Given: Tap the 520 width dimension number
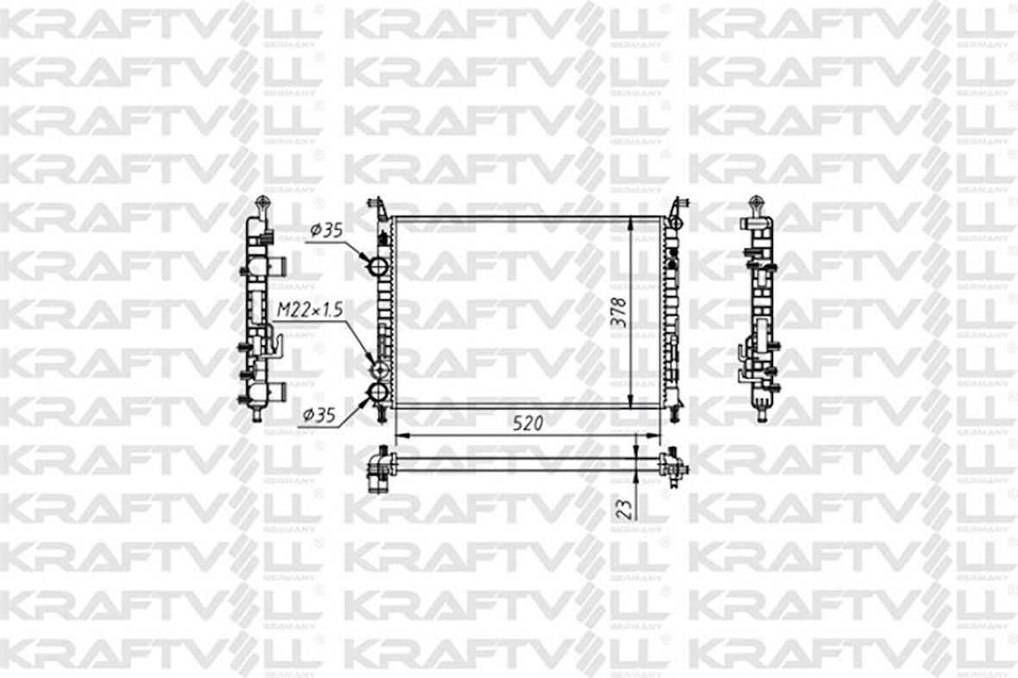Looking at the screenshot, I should pyautogui.click(x=528, y=424).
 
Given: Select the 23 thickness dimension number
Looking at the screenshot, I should pyautogui.click(x=624, y=505).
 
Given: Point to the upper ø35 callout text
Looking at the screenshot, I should pyautogui.click(x=326, y=230).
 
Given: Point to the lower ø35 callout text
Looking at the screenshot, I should pyautogui.click(x=318, y=416).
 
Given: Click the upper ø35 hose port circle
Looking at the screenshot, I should pyautogui.click(x=377, y=267).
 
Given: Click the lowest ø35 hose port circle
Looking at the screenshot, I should pyautogui.click(x=378, y=394).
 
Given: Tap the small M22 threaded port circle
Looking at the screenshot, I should pyautogui.click(x=378, y=369).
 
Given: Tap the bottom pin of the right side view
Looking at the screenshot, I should pyautogui.click(x=762, y=413).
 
